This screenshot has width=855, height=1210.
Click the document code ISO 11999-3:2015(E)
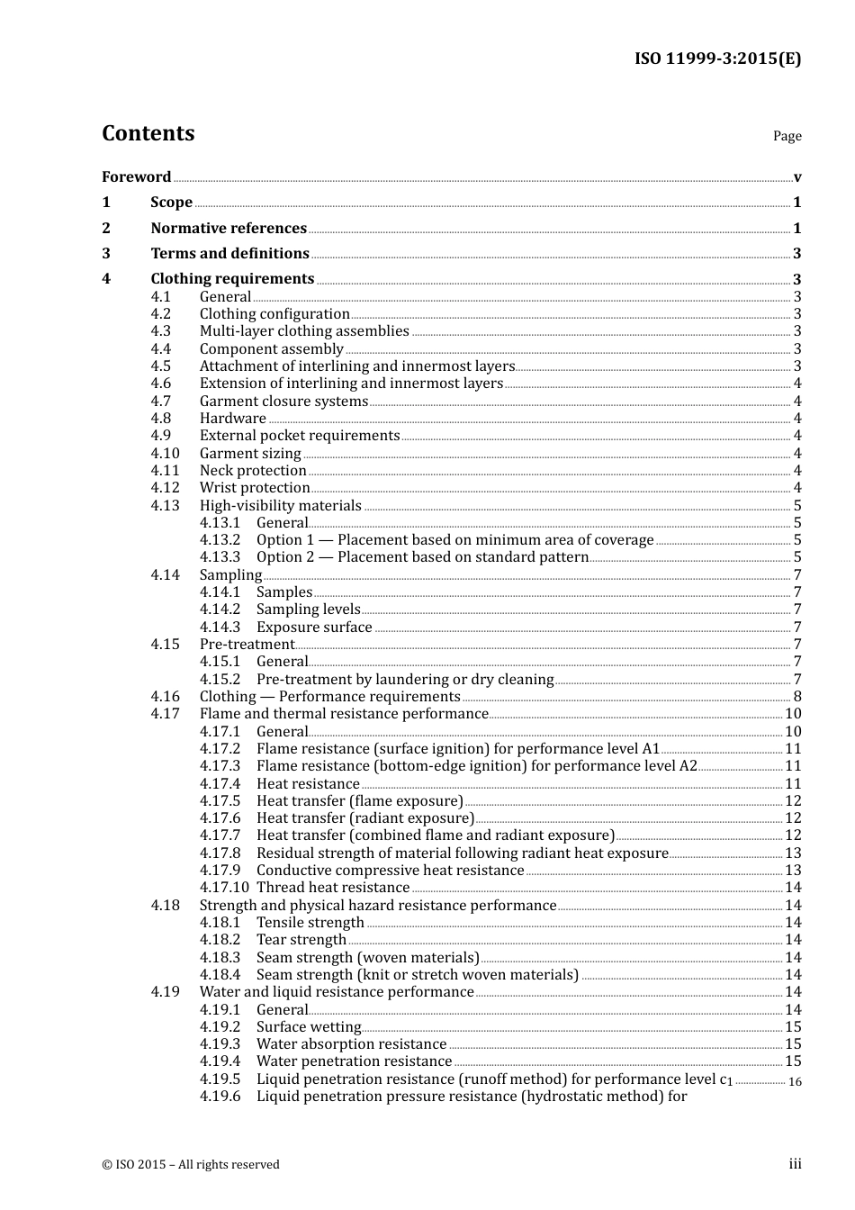(x=717, y=59)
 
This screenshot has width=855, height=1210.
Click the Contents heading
(x=148, y=133)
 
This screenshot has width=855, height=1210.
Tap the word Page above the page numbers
(x=787, y=136)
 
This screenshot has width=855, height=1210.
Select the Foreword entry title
(x=136, y=177)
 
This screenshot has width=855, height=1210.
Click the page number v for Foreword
(x=797, y=177)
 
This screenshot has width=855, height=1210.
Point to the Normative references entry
(x=229, y=229)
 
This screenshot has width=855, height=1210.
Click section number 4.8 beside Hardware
(x=160, y=419)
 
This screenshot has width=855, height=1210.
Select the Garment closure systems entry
(x=283, y=402)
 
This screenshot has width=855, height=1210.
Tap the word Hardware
(x=232, y=419)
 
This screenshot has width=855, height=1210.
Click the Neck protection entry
(x=253, y=471)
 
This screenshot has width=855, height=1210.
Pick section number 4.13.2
(x=220, y=540)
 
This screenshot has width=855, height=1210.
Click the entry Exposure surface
(x=314, y=628)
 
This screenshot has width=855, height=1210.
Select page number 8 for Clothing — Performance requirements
(x=797, y=697)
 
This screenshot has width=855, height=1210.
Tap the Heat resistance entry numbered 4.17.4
(x=308, y=784)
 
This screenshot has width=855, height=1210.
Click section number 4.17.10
(x=224, y=888)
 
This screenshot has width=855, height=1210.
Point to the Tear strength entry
(x=301, y=940)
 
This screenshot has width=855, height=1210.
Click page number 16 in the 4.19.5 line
(x=795, y=1081)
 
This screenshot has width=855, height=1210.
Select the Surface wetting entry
(x=309, y=1027)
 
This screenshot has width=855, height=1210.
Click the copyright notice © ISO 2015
(x=191, y=1165)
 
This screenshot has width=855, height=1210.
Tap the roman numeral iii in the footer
(x=795, y=1164)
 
